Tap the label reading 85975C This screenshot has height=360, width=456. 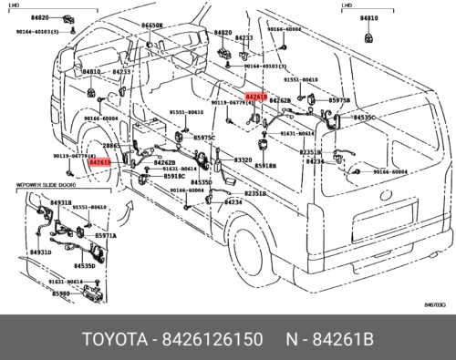(x=203, y=138)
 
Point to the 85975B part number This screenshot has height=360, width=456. (x=339, y=100)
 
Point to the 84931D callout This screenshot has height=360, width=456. (x=40, y=251)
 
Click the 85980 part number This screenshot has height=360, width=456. (x=60, y=293)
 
